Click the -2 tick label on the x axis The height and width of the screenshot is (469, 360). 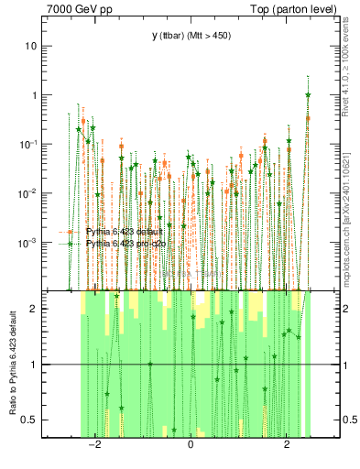(x=93, y=444)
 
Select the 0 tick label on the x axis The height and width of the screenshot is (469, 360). (x=190, y=444)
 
